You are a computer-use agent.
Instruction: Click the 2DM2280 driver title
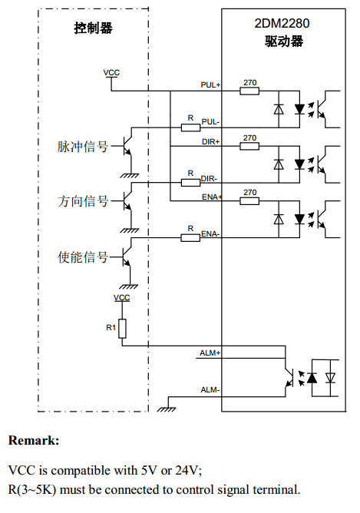282,24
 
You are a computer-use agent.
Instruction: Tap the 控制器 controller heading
93,28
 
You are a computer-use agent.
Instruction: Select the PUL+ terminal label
210,85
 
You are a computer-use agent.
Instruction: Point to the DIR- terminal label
209,179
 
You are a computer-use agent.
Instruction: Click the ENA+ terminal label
212,197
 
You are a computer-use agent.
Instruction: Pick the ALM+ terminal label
210,353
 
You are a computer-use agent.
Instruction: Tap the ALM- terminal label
210,390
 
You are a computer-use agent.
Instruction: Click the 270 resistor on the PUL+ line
249,91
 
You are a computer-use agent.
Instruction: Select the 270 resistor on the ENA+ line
249,201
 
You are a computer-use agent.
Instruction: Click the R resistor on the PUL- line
190,127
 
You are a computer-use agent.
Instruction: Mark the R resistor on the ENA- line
190,238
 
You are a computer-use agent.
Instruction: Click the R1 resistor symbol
122,329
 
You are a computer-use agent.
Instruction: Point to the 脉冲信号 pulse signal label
83,147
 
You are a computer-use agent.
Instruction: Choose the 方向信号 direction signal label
83,201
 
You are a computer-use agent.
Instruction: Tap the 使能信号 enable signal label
83,257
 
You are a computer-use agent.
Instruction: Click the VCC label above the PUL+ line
111,73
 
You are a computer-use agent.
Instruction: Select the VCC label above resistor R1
121,298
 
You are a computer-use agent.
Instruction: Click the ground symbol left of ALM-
167,409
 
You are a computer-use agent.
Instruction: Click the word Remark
34,440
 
